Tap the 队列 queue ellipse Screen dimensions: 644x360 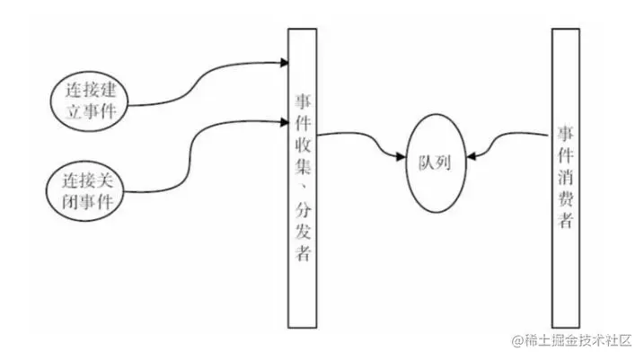436,162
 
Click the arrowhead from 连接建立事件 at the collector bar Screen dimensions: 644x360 283,64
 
